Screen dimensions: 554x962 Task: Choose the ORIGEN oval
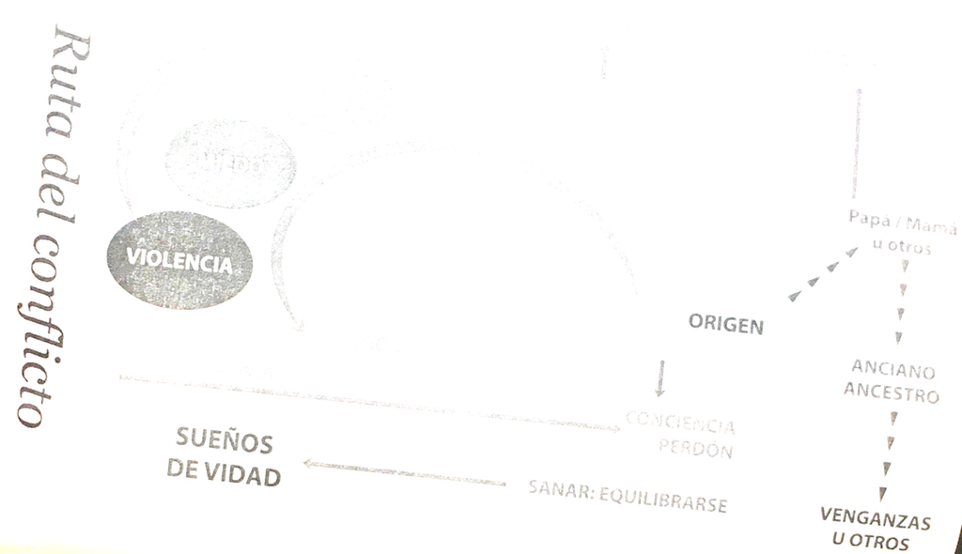pyautogui.click(x=725, y=324)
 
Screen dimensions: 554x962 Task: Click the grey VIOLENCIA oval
pyautogui.click(x=170, y=260)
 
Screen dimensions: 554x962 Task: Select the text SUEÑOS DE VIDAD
pyautogui.click(x=225, y=457)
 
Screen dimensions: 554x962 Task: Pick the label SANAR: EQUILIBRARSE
pyautogui.click(x=628, y=496)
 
